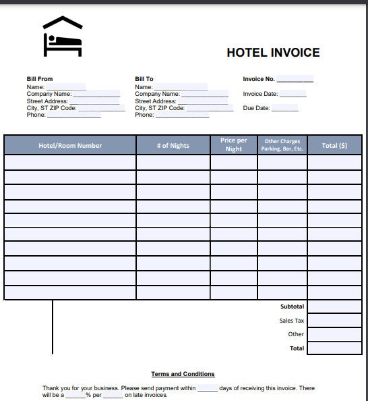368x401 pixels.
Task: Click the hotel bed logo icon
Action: pos(62,36)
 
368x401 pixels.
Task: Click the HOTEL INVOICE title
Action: pos(273,53)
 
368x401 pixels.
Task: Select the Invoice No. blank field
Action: pos(295,80)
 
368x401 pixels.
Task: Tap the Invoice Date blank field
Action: pos(293,95)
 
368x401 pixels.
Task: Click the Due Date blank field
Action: pos(284,108)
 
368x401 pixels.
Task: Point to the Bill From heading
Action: pos(40,79)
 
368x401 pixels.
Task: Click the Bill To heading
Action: pos(144,79)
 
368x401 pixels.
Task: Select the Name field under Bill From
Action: pos(65,87)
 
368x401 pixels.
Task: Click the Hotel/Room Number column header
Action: pos(70,145)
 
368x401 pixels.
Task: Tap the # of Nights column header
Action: pos(173,145)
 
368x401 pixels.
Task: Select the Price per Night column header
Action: pos(234,144)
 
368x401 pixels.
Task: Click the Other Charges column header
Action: pos(282,144)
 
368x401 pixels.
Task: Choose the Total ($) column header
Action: pos(334,145)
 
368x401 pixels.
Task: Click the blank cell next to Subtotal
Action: pos(334,307)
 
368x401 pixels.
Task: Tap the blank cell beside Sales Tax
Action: pos(334,321)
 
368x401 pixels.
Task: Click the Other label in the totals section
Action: pos(296,334)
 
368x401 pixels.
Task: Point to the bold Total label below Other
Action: pos(297,348)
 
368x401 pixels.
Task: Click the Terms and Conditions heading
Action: pos(183,374)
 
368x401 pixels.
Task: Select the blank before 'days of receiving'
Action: pos(207,389)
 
